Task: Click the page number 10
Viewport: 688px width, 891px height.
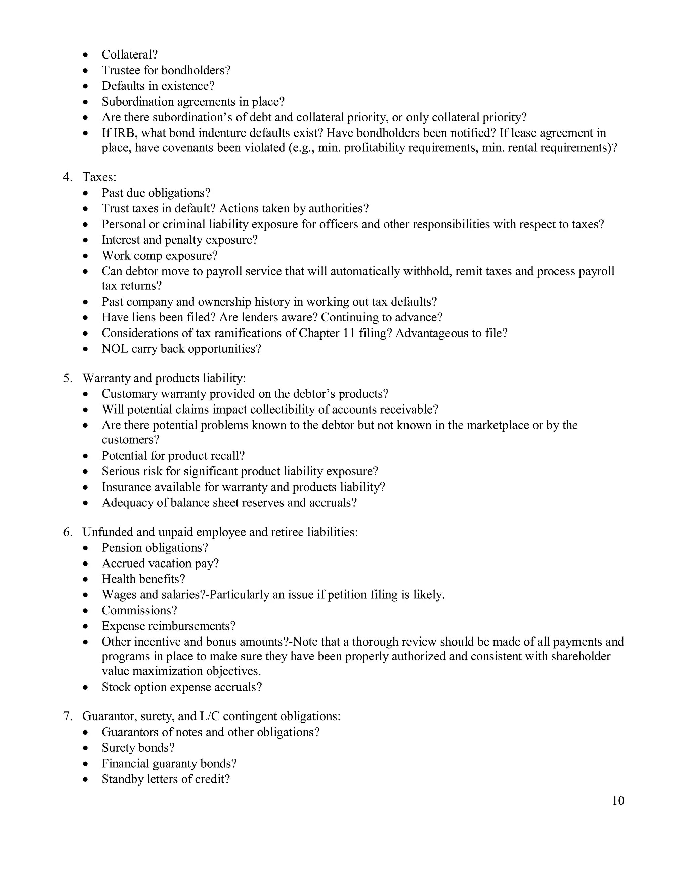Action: click(x=618, y=801)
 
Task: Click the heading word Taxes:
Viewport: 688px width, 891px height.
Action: click(x=99, y=177)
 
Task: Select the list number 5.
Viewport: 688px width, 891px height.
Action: click(x=67, y=378)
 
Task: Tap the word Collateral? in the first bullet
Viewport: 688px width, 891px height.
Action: click(x=130, y=55)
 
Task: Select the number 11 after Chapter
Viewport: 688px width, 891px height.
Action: click(x=349, y=333)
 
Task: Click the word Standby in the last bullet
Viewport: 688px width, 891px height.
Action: click(x=121, y=779)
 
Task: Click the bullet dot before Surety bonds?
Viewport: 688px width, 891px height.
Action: click(x=85, y=748)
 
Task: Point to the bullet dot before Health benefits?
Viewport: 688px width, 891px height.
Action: click(x=85, y=579)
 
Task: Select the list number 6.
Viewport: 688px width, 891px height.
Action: click(x=67, y=532)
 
